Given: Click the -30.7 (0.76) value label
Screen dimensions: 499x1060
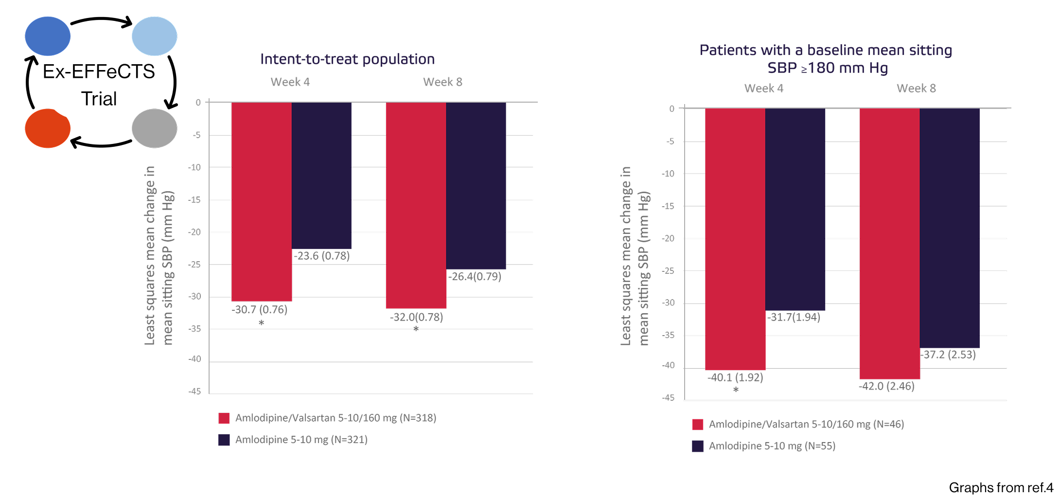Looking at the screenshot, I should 260,310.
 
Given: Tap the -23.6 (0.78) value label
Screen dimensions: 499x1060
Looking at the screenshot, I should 322,256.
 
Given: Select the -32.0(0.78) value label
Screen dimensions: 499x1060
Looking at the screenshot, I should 417,318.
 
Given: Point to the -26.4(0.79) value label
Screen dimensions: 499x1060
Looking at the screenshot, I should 475,277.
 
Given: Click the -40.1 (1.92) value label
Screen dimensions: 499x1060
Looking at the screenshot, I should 735,377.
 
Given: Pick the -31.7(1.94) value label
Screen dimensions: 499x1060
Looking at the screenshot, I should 794,318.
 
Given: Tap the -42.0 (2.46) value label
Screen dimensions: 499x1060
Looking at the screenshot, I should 886,386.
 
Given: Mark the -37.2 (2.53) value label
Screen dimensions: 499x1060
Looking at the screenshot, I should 948,355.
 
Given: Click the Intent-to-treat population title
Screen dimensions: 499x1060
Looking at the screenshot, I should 347,59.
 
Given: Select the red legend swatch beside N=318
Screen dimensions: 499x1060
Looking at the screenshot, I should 224,418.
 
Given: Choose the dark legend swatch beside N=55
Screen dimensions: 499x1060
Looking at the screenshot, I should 698,446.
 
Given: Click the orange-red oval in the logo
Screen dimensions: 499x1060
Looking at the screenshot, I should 48,128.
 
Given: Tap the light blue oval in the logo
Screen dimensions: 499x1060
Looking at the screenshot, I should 155,36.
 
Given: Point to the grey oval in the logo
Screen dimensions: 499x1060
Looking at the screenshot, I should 155,128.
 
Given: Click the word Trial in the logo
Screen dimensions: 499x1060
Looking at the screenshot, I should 99,99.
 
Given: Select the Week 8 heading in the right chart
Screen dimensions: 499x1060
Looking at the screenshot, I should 916,89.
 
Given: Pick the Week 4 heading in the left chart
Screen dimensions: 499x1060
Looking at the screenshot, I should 290,82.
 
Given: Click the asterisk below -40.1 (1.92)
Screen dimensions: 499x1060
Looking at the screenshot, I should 736,390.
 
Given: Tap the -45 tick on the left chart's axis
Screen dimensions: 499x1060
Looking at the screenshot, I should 195,392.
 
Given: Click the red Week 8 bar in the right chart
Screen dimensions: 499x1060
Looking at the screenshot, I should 890,243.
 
